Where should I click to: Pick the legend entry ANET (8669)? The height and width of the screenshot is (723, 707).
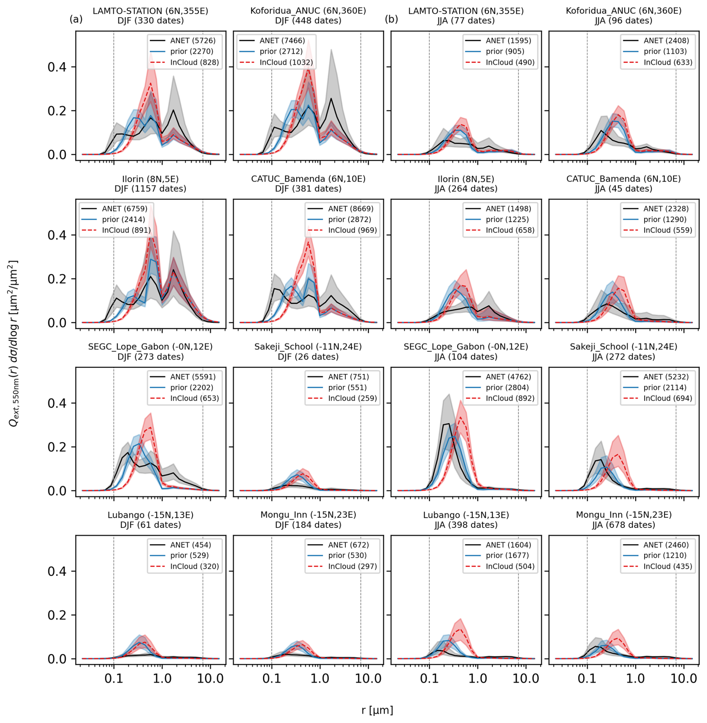(x=340, y=208)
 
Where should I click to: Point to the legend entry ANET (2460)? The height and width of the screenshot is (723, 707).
(x=656, y=544)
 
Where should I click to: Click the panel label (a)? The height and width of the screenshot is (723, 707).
(x=76, y=19)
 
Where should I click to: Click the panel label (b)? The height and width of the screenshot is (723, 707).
(x=391, y=19)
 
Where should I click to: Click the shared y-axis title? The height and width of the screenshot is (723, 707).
(x=13, y=343)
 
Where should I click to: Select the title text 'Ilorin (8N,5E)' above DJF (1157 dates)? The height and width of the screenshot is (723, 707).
(x=150, y=179)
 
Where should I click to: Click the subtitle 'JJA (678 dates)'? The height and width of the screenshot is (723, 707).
(x=623, y=524)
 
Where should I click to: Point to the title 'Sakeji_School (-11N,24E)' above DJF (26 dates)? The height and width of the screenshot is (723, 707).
(x=308, y=347)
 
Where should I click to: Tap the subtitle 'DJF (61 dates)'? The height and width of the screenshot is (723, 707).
(x=150, y=524)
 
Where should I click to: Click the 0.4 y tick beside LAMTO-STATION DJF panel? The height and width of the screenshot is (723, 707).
(x=57, y=67)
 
